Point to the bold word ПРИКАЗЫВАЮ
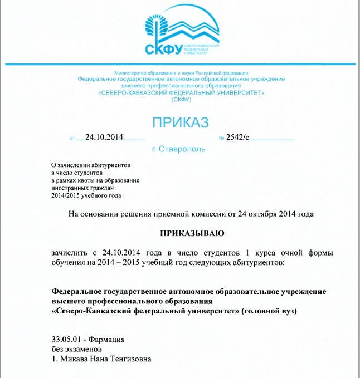[x=192, y=232]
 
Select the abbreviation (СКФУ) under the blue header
[x=181, y=100]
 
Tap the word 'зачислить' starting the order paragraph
[x=69, y=252]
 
